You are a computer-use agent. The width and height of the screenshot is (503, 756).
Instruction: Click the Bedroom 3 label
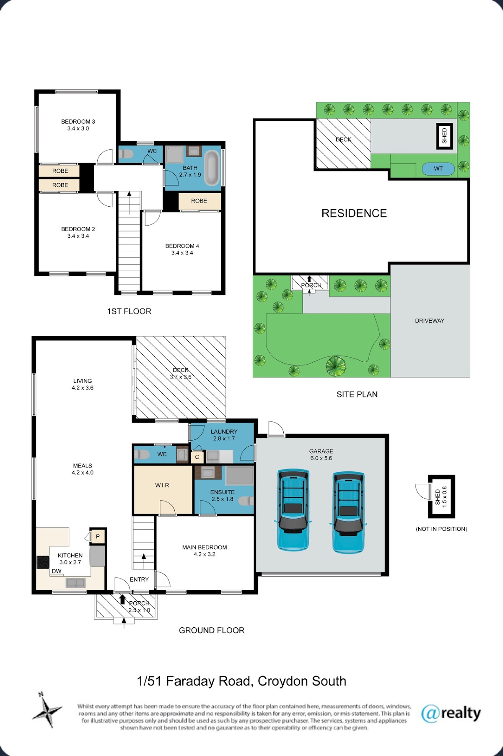point(78,125)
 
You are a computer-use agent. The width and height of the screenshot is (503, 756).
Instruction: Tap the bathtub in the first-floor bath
point(212,168)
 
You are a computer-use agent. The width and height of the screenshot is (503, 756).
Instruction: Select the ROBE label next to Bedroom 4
point(199,201)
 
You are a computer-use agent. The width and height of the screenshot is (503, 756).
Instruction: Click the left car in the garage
point(293,509)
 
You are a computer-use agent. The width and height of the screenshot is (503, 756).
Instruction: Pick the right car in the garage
point(348,512)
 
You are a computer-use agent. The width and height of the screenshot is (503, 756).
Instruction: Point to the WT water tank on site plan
point(438,169)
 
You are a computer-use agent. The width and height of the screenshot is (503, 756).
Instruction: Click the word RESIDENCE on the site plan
point(354,213)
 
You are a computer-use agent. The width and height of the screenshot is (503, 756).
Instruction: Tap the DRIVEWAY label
point(430,321)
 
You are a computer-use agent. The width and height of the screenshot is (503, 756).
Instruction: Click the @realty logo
point(451,713)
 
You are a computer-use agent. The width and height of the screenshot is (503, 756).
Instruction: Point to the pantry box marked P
point(98,536)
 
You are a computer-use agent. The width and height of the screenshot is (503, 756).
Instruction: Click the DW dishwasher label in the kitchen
point(57,571)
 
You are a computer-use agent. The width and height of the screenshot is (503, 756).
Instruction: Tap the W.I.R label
point(162,485)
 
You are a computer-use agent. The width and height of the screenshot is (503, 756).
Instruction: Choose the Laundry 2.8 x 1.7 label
point(224,435)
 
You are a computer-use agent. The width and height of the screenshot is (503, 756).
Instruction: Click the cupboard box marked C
point(197,457)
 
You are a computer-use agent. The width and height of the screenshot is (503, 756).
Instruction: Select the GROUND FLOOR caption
point(212,630)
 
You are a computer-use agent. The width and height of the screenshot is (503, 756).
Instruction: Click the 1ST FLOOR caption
point(129,311)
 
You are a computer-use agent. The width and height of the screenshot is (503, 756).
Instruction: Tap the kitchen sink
point(75,582)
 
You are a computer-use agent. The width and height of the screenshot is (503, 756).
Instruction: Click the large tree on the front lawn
point(336,366)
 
